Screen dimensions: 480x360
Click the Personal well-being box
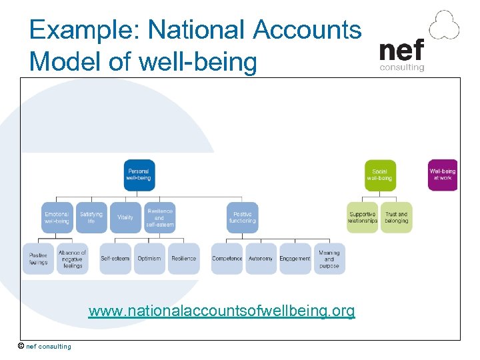[x=139, y=175]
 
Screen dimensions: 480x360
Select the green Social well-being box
[x=380, y=175]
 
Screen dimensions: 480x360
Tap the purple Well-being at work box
[x=443, y=175]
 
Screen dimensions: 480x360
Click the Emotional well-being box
[x=57, y=217]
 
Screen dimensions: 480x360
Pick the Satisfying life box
[x=91, y=217]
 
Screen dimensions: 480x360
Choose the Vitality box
[x=125, y=217]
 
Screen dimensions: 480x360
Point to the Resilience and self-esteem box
[x=160, y=217]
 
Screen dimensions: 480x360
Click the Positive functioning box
[x=242, y=217]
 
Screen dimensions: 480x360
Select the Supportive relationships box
[x=363, y=217]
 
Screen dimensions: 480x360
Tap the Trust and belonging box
[x=397, y=217]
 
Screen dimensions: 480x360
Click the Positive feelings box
[x=39, y=259]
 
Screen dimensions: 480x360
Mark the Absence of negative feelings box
[x=73, y=259]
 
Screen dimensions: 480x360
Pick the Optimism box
[x=149, y=259]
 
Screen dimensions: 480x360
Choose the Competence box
[x=227, y=259]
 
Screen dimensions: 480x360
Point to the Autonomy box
[x=261, y=259]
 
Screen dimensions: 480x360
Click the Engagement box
[x=295, y=259]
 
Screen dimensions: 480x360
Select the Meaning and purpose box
[x=329, y=259]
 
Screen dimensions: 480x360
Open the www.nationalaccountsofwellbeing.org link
[x=221, y=311]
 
